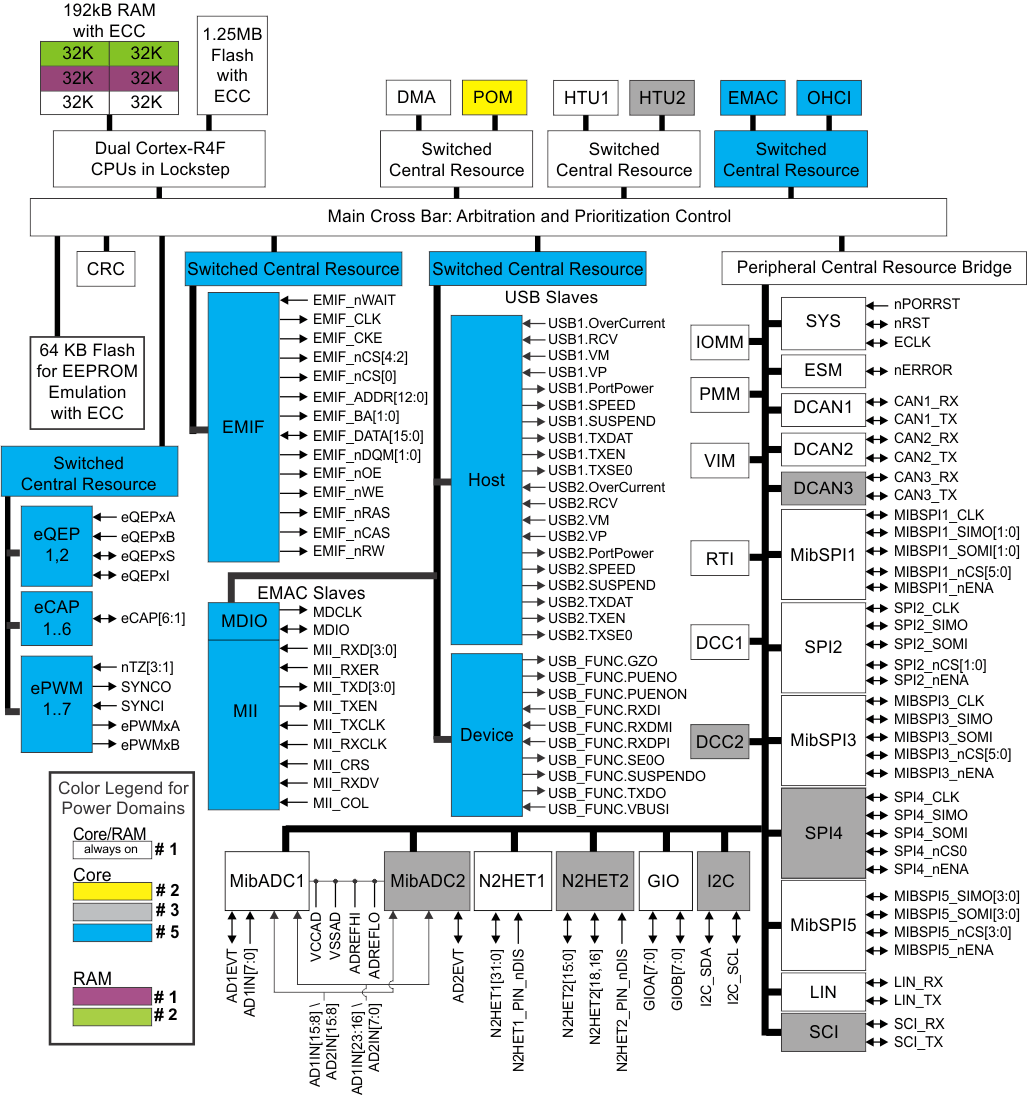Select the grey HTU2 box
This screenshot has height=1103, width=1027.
662,98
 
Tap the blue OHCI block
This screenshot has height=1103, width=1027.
829,98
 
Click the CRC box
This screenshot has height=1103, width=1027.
105,269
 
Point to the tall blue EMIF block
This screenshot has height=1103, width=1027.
243,427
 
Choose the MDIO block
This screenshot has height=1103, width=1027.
243,621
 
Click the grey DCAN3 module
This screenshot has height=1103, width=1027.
822,487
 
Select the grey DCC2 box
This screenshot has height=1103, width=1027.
720,743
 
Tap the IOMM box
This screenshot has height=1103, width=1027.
720,343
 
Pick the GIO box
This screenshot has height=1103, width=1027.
664,881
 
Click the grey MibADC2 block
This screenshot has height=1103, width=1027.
427,881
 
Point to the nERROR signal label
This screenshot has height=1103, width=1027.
923,370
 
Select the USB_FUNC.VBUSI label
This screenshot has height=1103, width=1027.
608,808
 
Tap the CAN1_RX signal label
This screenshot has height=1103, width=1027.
925,400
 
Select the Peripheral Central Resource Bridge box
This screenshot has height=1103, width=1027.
874,267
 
